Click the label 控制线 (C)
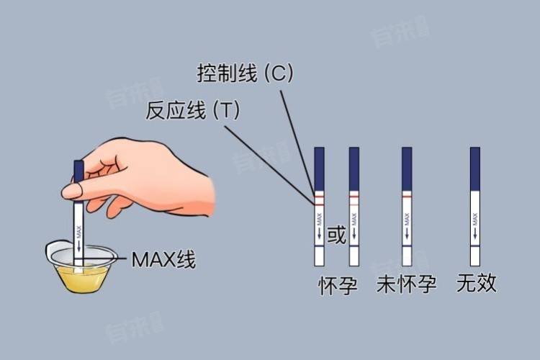tap(245, 73)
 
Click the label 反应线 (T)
tap(192, 110)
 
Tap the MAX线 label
tap(163, 259)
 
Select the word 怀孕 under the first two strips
tap(338, 286)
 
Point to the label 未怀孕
tap(406, 284)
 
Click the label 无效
tap(477, 283)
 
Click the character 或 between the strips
tap(336, 235)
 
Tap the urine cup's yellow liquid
tap(82, 278)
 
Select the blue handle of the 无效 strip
tap(475, 168)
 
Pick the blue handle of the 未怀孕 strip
tap(407, 168)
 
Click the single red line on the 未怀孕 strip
tap(407, 196)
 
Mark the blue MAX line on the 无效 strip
tap(475, 246)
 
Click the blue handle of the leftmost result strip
tap(319, 168)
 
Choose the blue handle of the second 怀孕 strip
tap(354, 168)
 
